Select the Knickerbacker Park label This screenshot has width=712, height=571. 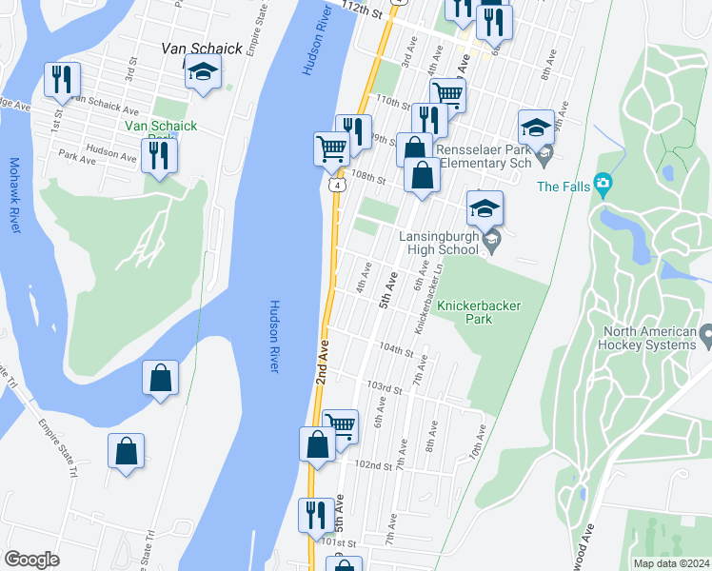tap(478, 313)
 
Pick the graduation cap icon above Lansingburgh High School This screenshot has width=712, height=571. tap(485, 207)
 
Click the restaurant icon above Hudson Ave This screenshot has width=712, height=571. tap(159, 154)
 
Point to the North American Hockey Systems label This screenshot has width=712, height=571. tap(649, 339)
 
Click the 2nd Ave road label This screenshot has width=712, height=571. tap(322, 361)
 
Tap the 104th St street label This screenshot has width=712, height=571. tap(396, 350)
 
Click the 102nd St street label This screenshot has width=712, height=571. tap(373, 465)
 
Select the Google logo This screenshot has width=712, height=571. tap(31, 560)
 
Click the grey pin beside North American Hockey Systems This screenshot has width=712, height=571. tap(705, 336)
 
